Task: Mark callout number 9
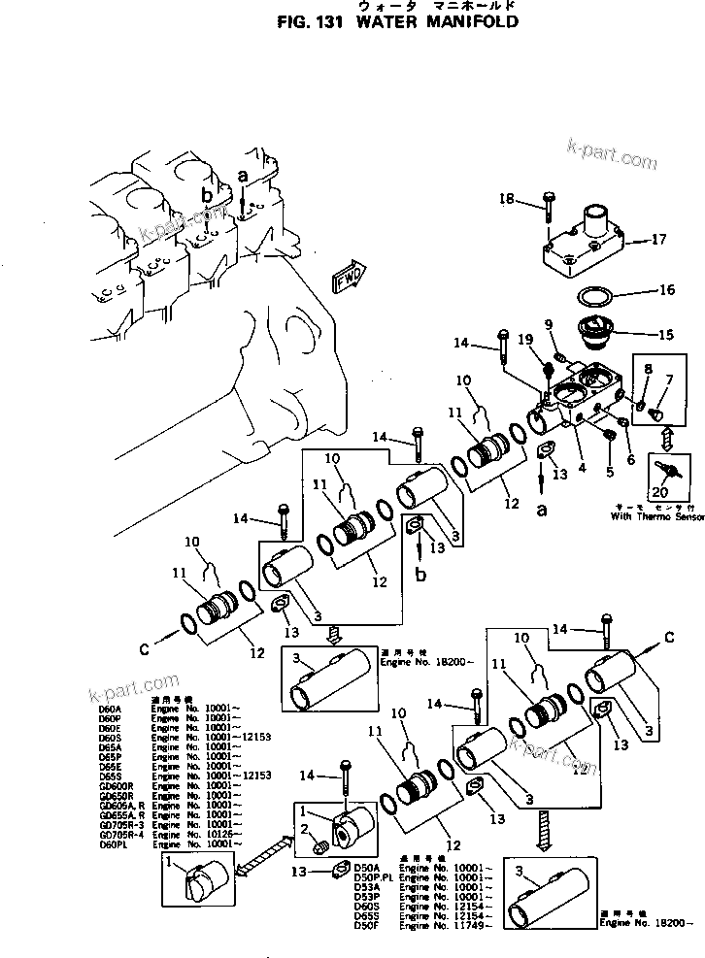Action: pyautogui.click(x=549, y=323)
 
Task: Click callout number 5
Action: pyautogui.click(x=609, y=473)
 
